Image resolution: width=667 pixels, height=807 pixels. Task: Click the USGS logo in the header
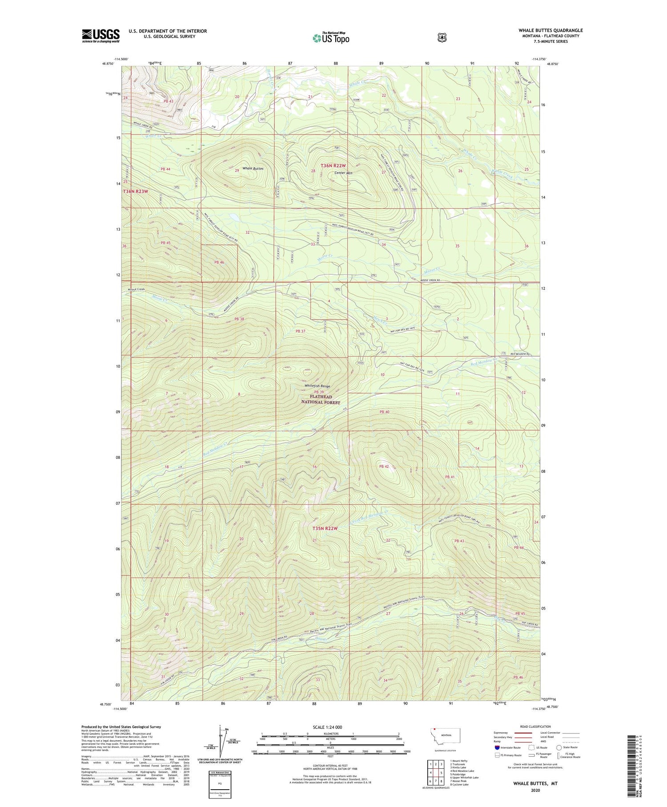coord(100,36)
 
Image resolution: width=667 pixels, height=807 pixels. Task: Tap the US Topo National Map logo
coord(331,37)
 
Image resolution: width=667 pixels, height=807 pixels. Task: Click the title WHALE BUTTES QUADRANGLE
coord(550,30)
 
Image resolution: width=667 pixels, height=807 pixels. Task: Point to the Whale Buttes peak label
coord(253,169)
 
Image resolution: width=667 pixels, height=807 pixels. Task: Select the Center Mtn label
coord(344,173)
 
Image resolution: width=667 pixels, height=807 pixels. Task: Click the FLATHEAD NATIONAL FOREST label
coord(321,399)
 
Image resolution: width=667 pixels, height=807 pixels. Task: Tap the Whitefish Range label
coord(317,386)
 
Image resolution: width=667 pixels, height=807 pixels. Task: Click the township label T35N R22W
coord(325,528)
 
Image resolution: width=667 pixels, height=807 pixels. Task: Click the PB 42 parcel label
coord(384,466)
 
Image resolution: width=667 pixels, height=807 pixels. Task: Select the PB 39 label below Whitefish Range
coord(319,392)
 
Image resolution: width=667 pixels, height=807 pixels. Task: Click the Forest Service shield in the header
coord(442,37)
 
